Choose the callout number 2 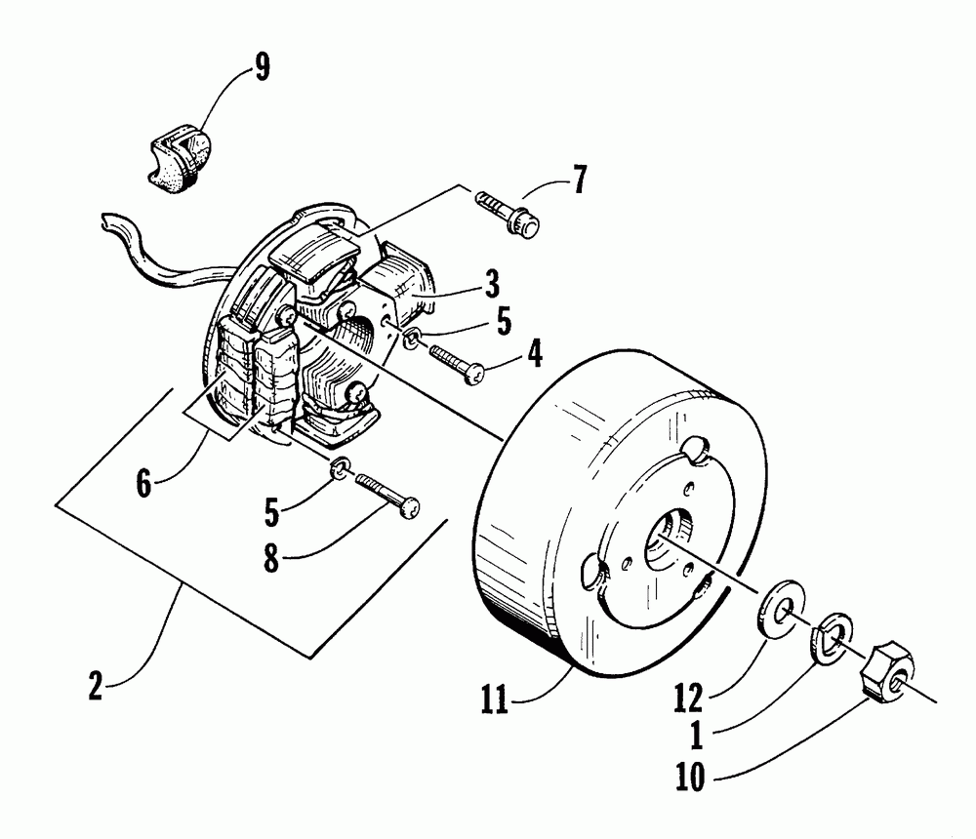(96, 686)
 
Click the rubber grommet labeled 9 (183, 155)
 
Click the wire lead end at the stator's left (108, 223)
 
